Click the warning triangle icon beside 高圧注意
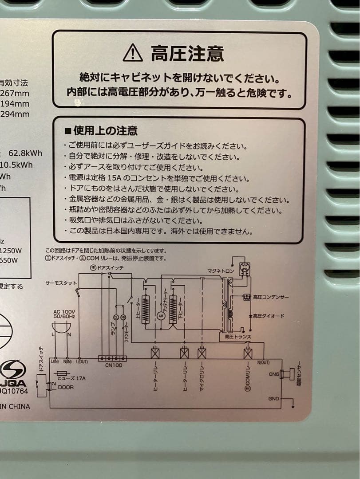pos(133,53)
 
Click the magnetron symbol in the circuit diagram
pos(244,268)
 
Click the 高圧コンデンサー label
pos(271,297)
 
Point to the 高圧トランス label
pos(238,337)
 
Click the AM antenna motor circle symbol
pos(161,315)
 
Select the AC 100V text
pos(64,312)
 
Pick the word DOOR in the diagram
pos(66,387)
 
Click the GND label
pos(274,399)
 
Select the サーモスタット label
pos(61,283)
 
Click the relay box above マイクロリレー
pos(202,353)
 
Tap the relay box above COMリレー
pos(248,353)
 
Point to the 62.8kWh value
pos(26,153)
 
